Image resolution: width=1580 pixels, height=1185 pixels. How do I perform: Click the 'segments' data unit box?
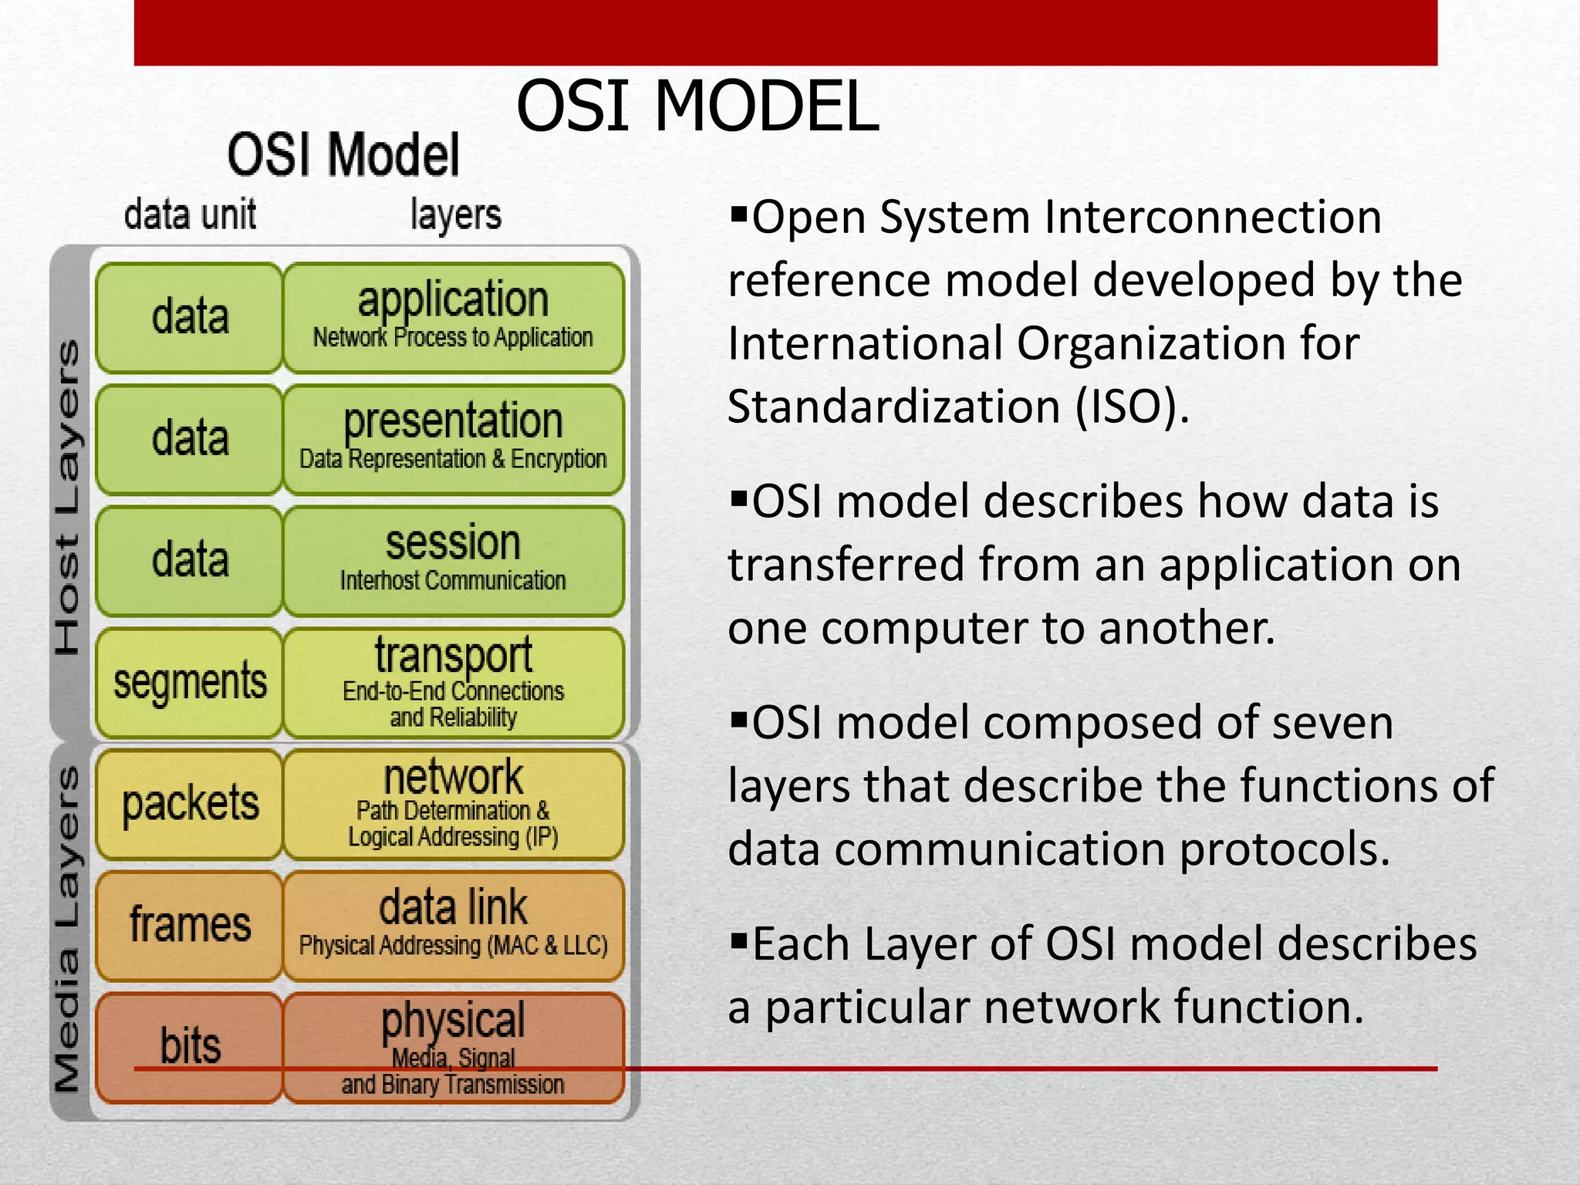coord(190,683)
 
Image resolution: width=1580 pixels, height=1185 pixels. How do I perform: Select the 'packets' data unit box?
coord(190,804)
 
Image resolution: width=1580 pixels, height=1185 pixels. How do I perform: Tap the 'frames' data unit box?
coord(190,925)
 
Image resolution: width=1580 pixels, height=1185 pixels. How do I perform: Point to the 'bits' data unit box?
coord(190,1046)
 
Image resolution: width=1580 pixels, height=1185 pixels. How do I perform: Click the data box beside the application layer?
coord(190,317)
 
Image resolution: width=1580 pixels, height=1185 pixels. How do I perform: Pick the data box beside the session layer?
coord(190,560)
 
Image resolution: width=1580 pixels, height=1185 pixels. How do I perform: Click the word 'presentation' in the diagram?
coord(453,421)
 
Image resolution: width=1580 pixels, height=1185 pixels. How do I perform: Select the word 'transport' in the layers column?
coord(453,655)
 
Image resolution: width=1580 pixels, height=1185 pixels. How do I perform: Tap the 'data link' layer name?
coord(453,907)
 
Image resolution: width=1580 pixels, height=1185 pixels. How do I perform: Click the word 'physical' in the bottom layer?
coord(453,1020)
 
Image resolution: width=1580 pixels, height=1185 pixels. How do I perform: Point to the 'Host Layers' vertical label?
coord(68,498)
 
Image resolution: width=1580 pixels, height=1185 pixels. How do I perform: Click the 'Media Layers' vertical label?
coord(68,930)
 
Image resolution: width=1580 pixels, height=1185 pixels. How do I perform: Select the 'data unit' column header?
coord(190,214)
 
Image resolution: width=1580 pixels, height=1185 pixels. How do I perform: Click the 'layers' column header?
coord(455,214)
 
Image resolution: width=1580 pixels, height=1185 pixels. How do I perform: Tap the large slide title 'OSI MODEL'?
coord(697,106)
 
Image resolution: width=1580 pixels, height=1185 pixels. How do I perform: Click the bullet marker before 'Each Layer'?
coord(739,940)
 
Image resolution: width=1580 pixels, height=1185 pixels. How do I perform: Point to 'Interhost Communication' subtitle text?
coord(453,580)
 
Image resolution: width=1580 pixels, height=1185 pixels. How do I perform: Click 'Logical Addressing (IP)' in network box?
coord(453,837)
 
